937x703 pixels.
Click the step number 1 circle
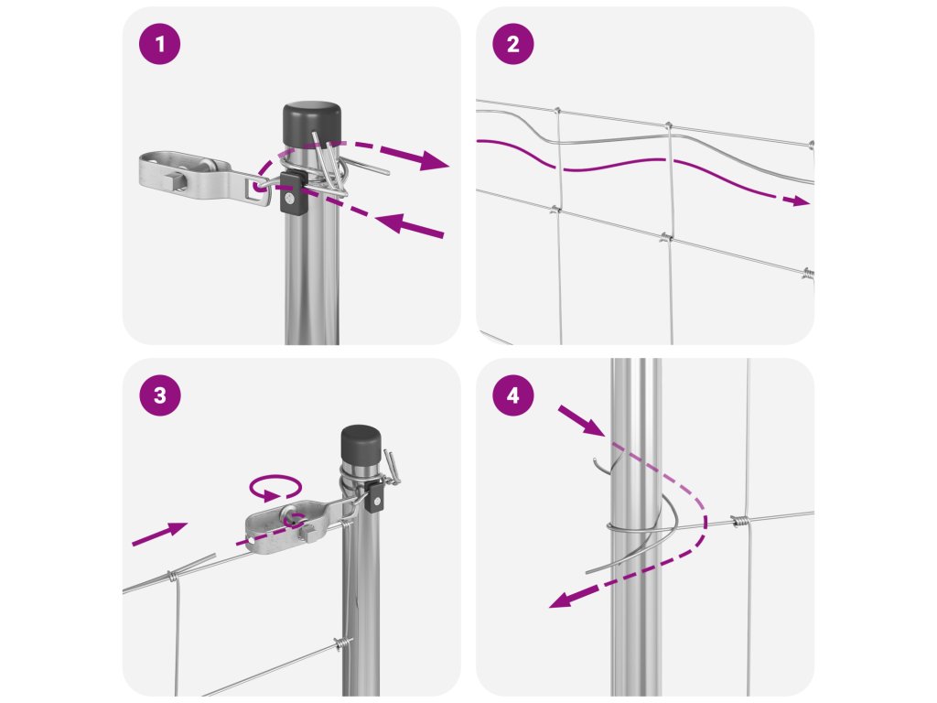pos(159,44)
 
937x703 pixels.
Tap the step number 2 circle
pos(512,44)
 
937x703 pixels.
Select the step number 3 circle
pos(159,395)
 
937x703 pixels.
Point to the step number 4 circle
pos(512,395)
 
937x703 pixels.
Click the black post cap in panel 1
pos(311,124)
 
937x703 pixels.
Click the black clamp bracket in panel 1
pos(293,192)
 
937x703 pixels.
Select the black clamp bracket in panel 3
pos(375,496)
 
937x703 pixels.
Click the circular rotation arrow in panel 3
pos(275,487)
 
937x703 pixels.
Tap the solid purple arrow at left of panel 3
pos(159,534)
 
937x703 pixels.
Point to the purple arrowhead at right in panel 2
pos(797,200)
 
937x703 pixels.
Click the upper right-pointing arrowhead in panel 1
pos(434,159)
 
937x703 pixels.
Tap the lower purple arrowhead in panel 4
pos(564,599)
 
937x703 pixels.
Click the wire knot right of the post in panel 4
pos(739,521)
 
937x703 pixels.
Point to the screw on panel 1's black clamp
pos(290,198)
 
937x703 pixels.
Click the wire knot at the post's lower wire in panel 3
pos(342,644)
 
